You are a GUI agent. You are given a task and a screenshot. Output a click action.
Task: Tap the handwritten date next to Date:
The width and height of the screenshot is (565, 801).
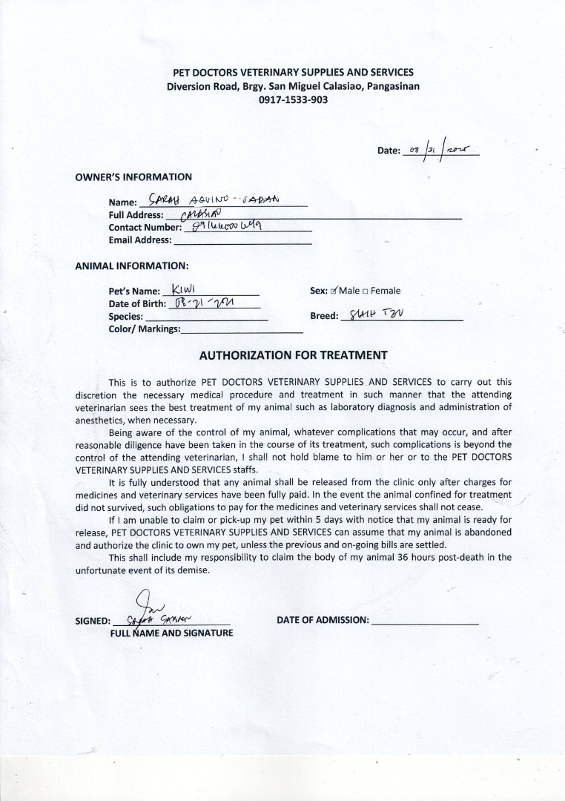click(x=443, y=149)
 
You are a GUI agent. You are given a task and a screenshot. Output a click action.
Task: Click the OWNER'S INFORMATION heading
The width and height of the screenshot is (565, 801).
click(x=133, y=177)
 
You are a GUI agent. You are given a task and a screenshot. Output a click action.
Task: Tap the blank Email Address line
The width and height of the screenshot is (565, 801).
click(x=242, y=240)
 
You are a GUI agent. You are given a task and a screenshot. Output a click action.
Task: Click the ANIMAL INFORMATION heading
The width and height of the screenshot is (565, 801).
click(x=132, y=265)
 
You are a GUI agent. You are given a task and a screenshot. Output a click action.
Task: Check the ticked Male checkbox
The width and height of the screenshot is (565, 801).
click(x=334, y=291)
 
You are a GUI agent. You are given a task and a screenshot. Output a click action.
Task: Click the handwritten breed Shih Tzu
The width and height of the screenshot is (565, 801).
click(x=379, y=315)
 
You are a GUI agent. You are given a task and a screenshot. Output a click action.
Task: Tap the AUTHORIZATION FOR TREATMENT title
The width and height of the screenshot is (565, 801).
click(x=293, y=355)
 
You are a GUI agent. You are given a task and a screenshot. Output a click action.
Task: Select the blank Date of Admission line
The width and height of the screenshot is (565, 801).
click(x=425, y=621)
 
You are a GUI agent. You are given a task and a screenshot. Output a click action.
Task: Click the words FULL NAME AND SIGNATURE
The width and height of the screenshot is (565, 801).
click(x=171, y=633)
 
